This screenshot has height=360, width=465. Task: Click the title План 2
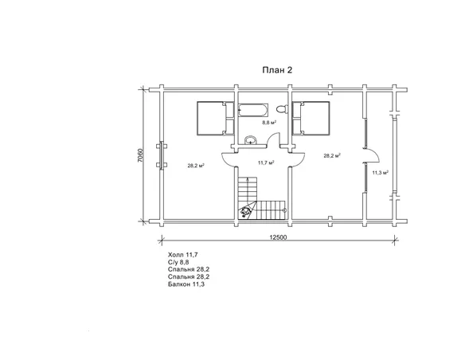[277, 70]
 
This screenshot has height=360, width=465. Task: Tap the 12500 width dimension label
[278, 237]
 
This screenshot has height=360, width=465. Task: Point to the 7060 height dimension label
[141, 155]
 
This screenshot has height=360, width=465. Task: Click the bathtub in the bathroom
[253, 110]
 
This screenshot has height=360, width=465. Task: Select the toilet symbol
[282, 109]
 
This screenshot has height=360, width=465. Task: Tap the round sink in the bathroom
[251, 139]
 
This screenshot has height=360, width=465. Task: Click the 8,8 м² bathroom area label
[269, 122]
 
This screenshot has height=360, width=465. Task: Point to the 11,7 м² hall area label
[266, 162]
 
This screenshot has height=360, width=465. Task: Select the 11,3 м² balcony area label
[381, 173]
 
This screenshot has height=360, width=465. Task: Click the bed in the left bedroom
[215, 119]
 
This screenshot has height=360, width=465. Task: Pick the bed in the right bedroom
[311, 119]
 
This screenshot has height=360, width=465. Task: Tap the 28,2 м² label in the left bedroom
[196, 166]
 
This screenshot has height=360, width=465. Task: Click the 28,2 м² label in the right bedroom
[332, 155]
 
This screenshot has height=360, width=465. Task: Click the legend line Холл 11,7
[182, 255]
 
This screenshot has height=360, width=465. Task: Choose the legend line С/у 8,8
[178, 262]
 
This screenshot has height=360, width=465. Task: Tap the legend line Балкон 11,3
[186, 284]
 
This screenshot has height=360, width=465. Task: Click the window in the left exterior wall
[162, 155]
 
